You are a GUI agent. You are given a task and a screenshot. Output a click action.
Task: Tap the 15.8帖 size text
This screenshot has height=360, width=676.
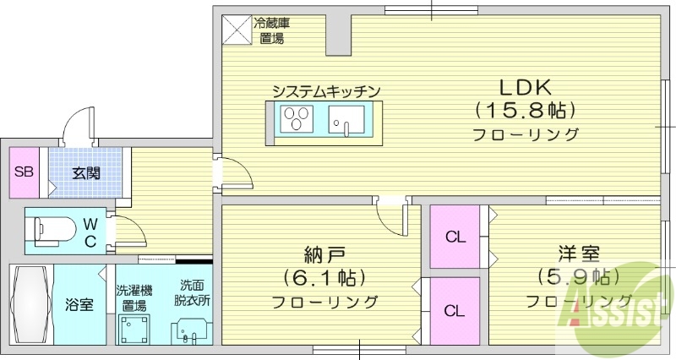click(525, 111)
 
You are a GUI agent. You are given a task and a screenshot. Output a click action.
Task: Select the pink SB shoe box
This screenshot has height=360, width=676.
click(25, 172)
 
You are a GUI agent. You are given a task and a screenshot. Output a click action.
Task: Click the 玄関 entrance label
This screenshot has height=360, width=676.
click(85, 173)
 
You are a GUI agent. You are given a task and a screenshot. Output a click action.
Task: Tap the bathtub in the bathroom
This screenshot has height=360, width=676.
click(30, 303)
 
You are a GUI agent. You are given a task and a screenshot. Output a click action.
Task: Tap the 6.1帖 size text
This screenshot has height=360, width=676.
click(324, 277)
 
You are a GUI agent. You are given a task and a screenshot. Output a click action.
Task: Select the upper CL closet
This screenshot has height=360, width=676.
click(455, 237)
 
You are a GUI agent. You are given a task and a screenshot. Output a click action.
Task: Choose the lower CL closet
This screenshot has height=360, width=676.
click(455, 310)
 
